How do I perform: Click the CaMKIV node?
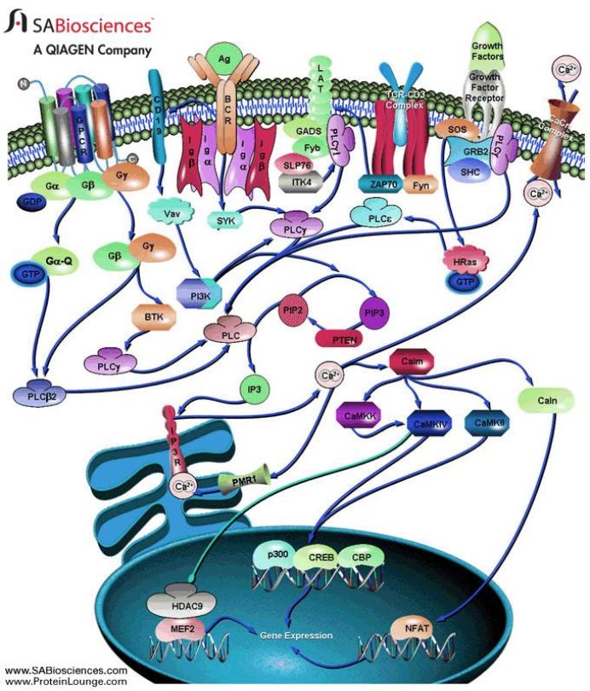(x=432, y=421)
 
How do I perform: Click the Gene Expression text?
(x=298, y=636)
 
